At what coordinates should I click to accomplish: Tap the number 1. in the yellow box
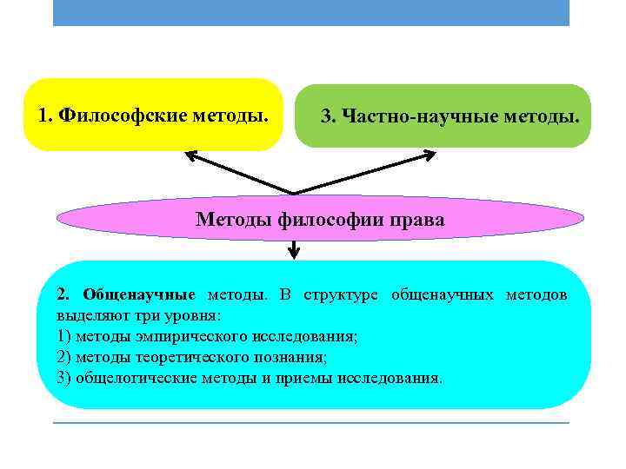48,115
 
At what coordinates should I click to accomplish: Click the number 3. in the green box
330,116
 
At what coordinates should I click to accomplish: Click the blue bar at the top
311,12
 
